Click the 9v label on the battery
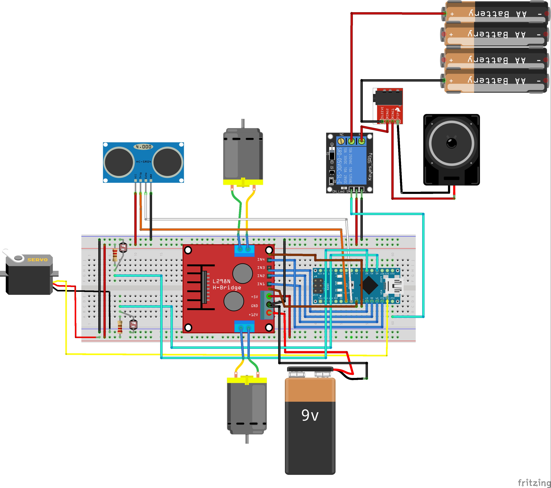click(310, 415)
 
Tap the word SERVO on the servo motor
click(38, 260)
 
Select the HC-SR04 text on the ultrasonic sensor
click(143, 162)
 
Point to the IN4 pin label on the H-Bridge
click(261, 259)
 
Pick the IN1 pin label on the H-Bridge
click(261, 284)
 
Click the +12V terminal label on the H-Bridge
click(253, 315)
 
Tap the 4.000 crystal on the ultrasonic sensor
click(143, 147)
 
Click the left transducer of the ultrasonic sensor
click(119, 162)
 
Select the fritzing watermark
click(534, 482)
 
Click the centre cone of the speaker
click(452, 143)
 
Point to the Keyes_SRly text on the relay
click(370, 166)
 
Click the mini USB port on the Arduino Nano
click(394, 286)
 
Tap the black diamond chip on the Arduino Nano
click(370, 285)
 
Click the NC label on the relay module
click(342, 134)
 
